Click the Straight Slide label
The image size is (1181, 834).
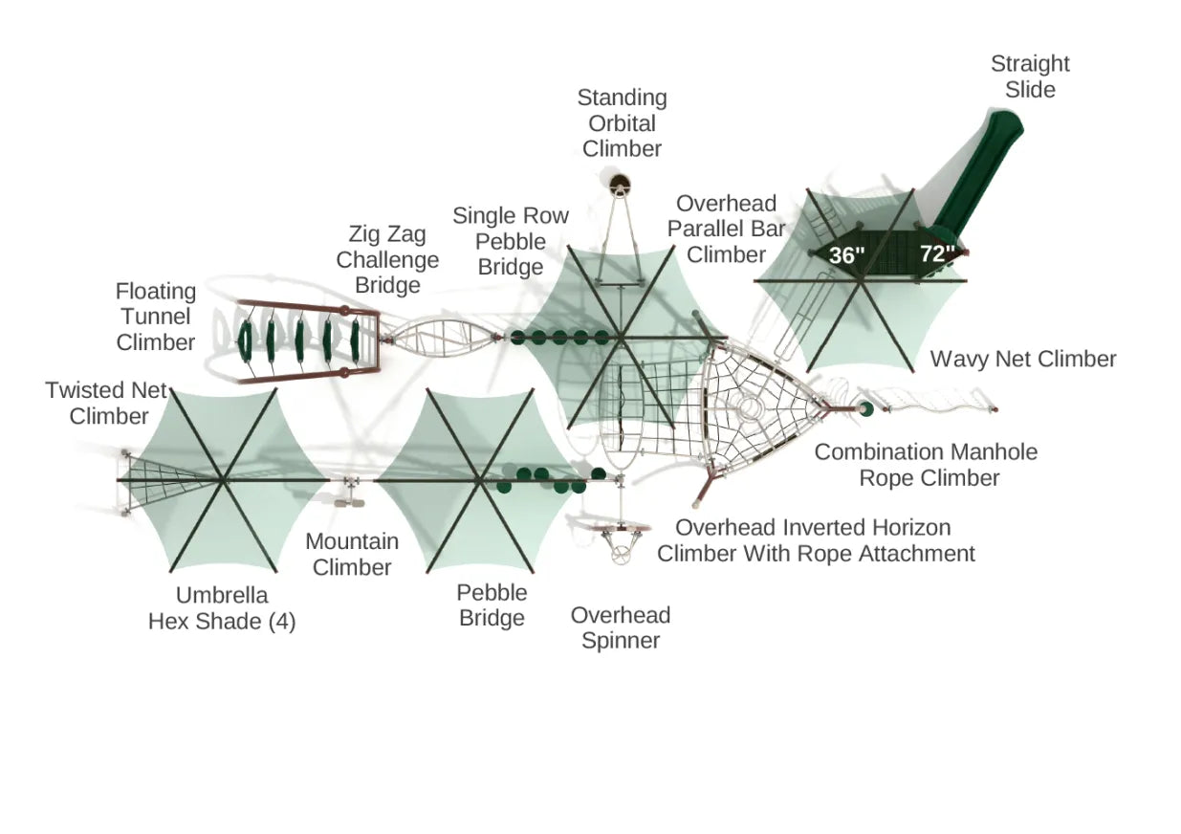(x=1029, y=77)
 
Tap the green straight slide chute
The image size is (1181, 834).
(x=975, y=177)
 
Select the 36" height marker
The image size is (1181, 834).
(x=846, y=255)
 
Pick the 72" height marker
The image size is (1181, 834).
(x=937, y=254)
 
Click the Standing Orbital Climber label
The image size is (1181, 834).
(x=622, y=123)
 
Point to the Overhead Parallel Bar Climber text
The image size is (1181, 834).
(x=727, y=229)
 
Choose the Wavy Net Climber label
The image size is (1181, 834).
(x=1023, y=360)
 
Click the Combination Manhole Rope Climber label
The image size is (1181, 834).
(x=926, y=465)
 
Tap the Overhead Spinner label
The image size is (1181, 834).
(x=621, y=627)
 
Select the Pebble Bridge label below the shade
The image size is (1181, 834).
(x=492, y=605)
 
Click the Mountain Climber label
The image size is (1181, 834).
(x=352, y=554)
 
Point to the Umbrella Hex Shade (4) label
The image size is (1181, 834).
(x=222, y=608)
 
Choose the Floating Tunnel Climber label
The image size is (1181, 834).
(x=156, y=317)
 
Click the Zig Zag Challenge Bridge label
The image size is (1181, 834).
(x=387, y=259)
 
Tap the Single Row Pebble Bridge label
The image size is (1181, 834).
(x=511, y=241)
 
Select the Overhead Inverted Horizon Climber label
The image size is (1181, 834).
(x=816, y=540)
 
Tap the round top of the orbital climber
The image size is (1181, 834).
(x=619, y=183)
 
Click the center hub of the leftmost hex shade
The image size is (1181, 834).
(x=222, y=479)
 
